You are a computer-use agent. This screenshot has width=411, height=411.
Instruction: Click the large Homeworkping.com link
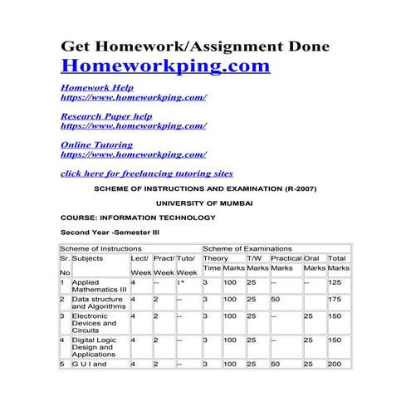pyautogui.click(x=165, y=65)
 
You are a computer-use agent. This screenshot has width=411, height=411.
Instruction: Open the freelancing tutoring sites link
pyautogui.click(x=147, y=173)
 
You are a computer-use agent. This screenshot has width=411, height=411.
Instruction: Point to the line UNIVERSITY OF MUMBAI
pyautogui.click(x=205, y=203)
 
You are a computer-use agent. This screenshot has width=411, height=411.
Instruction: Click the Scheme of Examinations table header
pyautogui.click(x=247, y=248)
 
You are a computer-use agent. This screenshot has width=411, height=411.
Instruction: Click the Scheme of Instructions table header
pyautogui.click(x=99, y=248)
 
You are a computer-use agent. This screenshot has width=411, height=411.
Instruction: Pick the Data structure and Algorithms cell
pyautogui.click(x=98, y=302)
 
